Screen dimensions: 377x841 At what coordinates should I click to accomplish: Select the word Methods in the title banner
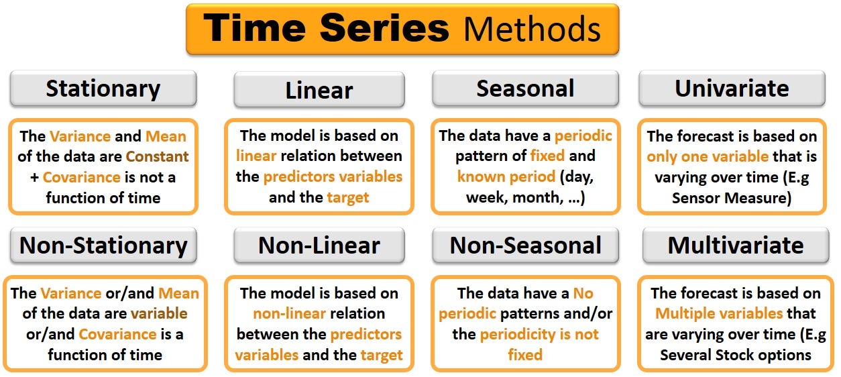[x=532, y=29]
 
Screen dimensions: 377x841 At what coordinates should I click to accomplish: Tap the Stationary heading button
[x=103, y=89]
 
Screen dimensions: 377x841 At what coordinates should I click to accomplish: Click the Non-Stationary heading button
[x=103, y=246]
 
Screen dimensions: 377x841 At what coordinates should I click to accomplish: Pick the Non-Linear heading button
[x=319, y=246]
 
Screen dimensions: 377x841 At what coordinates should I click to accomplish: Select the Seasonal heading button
[x=525, y=89]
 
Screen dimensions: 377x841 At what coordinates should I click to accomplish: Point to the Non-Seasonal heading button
[x=525, y=246]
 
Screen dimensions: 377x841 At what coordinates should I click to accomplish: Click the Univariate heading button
[x=732, y=89]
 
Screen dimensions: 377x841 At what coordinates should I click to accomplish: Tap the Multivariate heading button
[x=736, y=246]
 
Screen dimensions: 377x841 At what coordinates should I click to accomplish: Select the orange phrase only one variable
[x=707, y=157]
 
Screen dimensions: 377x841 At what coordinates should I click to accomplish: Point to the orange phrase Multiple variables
[x=718, y=314]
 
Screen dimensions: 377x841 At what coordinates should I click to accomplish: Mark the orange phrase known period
[x=506, y=178]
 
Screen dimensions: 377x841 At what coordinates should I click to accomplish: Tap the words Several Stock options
[x=735, y=355]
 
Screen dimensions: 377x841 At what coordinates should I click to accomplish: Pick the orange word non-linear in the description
[x=290, y=314]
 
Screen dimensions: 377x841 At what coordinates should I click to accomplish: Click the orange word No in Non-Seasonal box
[x=583, y=294]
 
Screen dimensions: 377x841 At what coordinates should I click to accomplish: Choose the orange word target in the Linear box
[x=347, y=198]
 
